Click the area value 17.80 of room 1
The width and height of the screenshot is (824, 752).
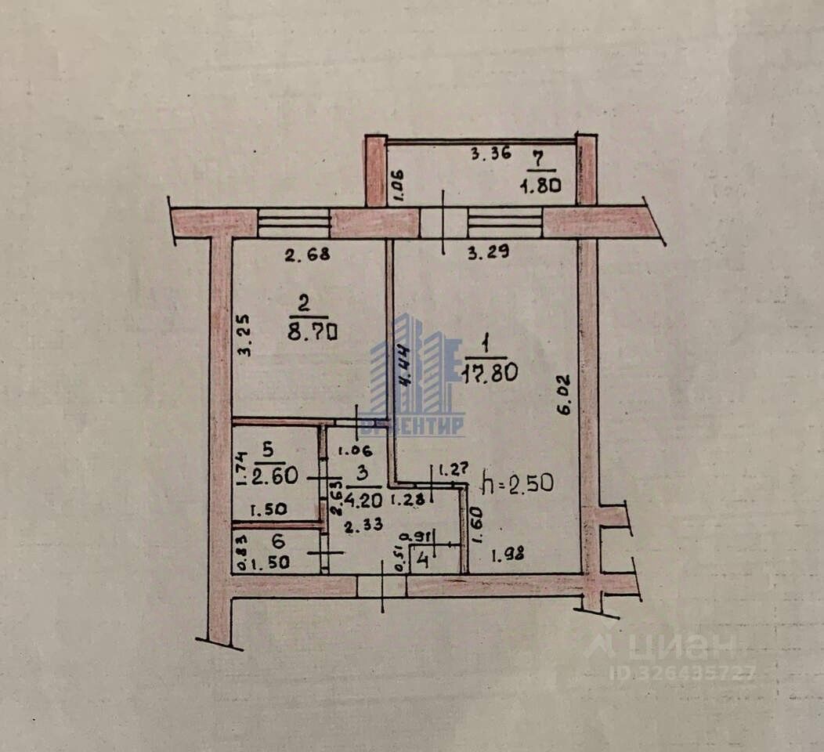(x=491, y=373)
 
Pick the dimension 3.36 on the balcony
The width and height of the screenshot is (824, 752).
(x=490, y=154)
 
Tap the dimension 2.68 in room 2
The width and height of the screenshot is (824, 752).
(x=304, y=254)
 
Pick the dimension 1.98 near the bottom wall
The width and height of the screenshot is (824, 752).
(x=507, y=556)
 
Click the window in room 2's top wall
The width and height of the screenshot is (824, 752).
(x=294, y=223)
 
